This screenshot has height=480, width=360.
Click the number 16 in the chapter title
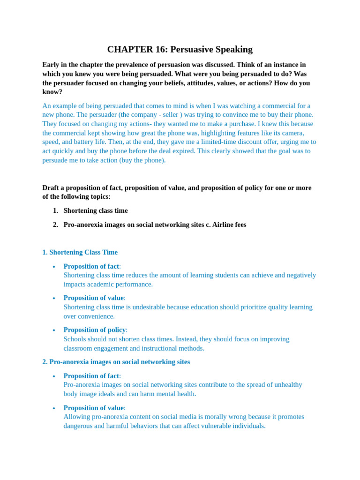click(x=160, y=49)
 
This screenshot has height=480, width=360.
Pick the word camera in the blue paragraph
click(x=292, y=133)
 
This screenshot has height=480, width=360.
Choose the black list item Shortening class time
click(x=96, y=211)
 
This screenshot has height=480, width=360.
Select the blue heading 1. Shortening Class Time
click(x=80, y=252)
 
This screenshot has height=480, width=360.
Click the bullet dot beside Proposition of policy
click(x=54, y=330)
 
